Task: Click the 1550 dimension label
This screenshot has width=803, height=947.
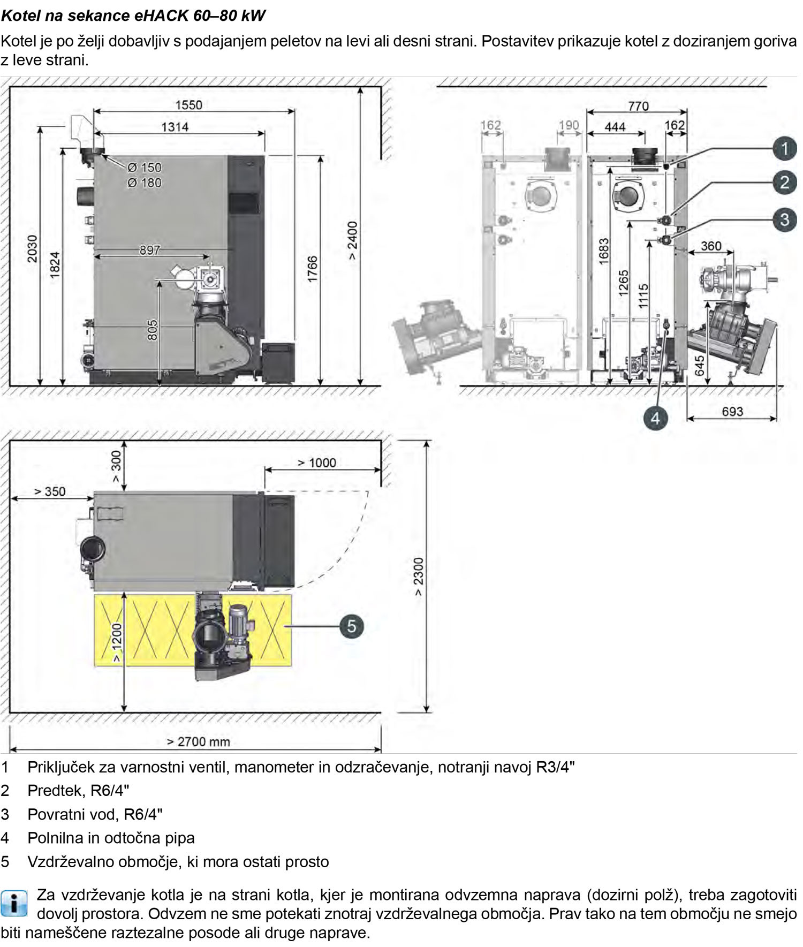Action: tap(189, 105)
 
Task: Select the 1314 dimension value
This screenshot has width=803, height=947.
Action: tap(175, 127)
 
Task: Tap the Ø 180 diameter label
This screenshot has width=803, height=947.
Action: tap(145, 183)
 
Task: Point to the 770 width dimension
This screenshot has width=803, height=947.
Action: tap(638, 106)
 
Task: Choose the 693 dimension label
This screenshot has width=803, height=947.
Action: tap(732, 411)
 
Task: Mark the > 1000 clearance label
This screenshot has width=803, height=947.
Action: tap(317, 463)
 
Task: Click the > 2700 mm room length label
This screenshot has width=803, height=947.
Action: tap(199, 741)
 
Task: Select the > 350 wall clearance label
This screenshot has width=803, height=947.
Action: tap(50, 491)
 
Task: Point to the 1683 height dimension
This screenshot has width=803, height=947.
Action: tap(604, 251)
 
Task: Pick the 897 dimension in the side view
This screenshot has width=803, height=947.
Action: tap(150, 250)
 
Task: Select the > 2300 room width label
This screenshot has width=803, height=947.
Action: tap(418, 577)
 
